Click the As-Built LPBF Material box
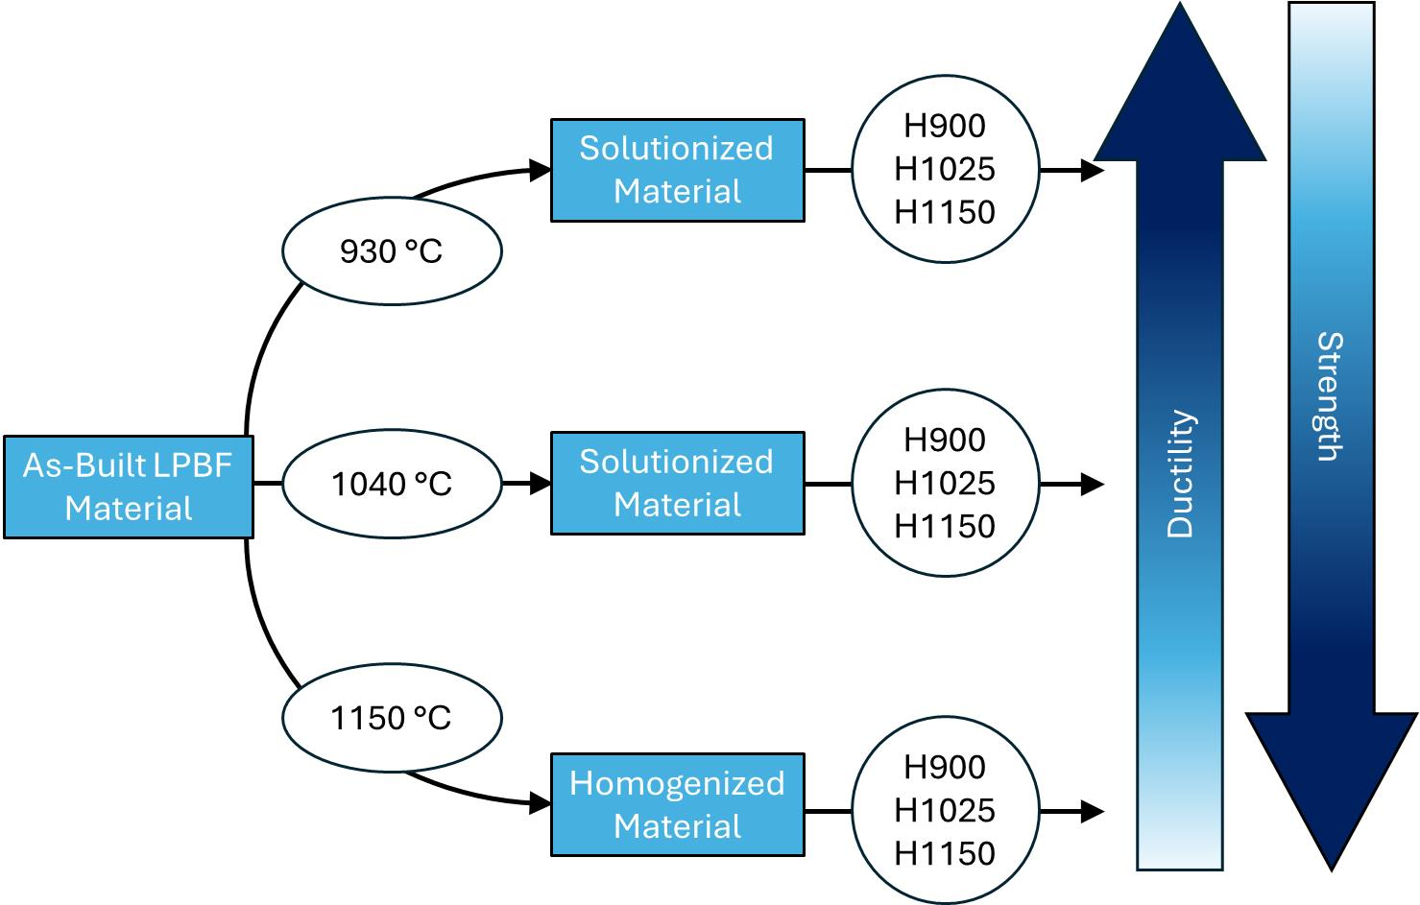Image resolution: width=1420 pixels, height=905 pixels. [128, 487]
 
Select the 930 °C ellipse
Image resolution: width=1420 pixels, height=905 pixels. [392, 250]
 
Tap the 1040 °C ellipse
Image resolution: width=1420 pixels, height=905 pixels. [392, 484]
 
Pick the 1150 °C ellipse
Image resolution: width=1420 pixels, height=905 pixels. [392, 718]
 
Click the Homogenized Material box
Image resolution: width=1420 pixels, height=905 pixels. [677, 804]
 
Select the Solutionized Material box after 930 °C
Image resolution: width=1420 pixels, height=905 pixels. [677, 170]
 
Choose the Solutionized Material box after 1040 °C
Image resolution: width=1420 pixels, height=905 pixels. [677, 483]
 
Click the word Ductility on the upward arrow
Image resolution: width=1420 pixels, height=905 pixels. [1180, 474]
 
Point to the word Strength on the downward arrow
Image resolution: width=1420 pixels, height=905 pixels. [1330, 396]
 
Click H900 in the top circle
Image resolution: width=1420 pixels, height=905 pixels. [945, 126]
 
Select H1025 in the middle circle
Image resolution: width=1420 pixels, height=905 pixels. [945, 483]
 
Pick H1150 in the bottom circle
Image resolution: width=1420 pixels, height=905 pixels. [945, 853]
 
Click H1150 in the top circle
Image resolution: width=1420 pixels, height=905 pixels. [945, 212]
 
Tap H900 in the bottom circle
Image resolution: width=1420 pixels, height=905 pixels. [945, 767]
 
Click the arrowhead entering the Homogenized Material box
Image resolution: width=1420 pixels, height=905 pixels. [542, 802]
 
